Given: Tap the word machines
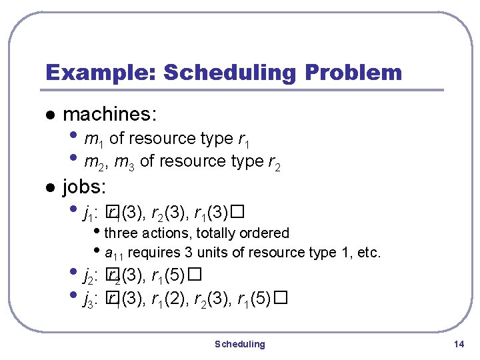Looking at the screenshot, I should tap(110, 115).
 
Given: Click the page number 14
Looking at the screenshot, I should tap(457, 344).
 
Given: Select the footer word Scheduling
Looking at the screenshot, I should tap(239, 344).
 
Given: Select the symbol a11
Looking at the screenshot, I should tap(115, 253).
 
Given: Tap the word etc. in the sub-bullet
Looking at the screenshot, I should tap(369, 253).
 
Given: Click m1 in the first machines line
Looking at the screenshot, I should tap(94, 139).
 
